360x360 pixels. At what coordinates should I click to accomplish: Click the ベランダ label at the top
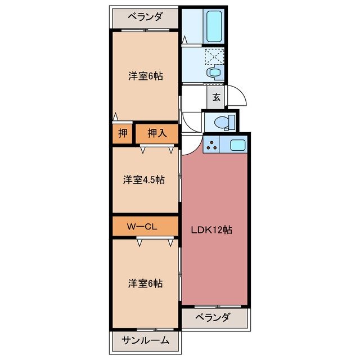(145, 17)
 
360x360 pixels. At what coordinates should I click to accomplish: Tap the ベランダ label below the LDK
(213, 317)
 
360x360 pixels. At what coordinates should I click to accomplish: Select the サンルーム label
(145, 340)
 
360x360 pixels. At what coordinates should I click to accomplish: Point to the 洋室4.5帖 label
(145, 180)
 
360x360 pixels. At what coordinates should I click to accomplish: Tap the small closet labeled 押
(122, 133)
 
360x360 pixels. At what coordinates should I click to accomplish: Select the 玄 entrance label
(216, 96)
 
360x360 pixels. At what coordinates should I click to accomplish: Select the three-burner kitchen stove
(213, 146)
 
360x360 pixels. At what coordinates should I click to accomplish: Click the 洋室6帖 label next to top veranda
(145, 76)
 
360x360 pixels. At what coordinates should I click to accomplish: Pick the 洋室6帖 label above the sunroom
(145, 283)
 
